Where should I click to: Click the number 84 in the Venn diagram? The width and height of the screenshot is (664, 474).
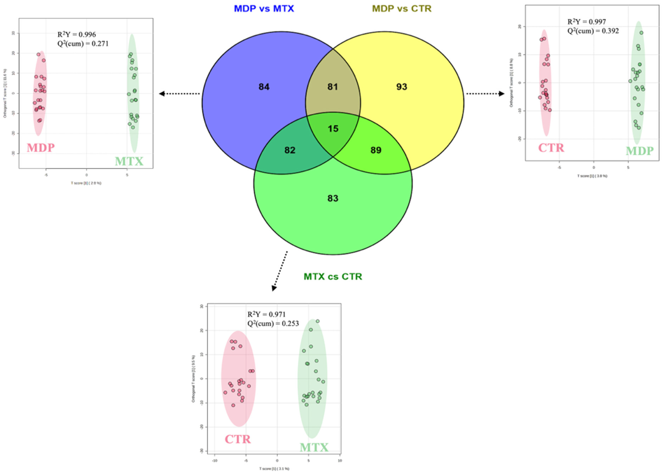[x=264, y=87]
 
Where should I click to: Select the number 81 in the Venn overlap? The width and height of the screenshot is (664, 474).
[x=333, y=87]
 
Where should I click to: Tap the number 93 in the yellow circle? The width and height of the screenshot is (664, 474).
[x=401, y=87]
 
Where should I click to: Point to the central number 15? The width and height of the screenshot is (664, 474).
[x=333, y=128]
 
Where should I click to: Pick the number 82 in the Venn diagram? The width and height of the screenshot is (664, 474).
[x=290, y=150]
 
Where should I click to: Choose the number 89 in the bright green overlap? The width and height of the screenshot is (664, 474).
[x=376, y=150]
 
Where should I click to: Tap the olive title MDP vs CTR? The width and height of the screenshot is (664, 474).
[x=402, y=9]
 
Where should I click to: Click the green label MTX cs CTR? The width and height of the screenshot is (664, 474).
[x=333, y=276]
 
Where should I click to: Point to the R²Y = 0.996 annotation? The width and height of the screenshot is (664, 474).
[x=77, y=34]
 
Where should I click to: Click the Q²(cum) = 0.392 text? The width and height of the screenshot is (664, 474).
[x=593, y=31]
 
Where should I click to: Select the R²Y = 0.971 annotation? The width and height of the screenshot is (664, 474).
[x=266, y=314]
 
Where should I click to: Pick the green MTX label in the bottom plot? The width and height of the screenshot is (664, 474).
[x=314, y=447]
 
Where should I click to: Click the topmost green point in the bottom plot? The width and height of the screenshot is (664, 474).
[x=317, y=321]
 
